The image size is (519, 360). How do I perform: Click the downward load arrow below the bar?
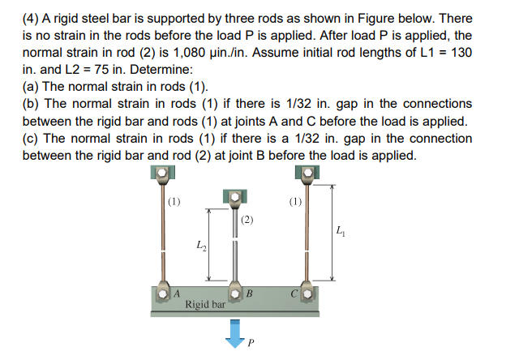pyautogui.click(x=235, y=331)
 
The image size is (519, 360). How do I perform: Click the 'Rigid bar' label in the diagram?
pyautogui.click(x=205, y=305)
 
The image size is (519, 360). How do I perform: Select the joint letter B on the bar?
pyautogui.click(x=250, y=292)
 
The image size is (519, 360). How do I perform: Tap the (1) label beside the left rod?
pyautogui.click(x=174, y=201)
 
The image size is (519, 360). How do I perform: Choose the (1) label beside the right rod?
pyautogui.click(x=295, y=201)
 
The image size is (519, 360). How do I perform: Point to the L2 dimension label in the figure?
pyautogui.click(x=199, y=245)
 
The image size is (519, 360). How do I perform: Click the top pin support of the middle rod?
pyautogui.click(x=234, y=197)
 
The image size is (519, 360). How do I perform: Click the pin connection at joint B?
pyautogui.click(x=235, y=292)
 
